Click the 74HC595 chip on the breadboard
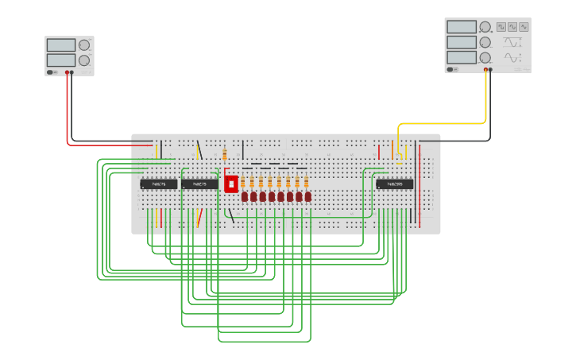click(395, 184)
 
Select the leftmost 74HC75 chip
click(159, 184)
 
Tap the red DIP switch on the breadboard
click(231, 184)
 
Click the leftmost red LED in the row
click(245, 196)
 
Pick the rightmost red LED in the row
click(308, 196)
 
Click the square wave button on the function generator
click(501, 27)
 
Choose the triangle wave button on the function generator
click(512, 27)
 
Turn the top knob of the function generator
click(485, 27)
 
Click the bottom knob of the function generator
click(485, 57)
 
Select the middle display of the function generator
click(462, 42)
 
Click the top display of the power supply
click(61, 45)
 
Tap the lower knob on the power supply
click(83, 60)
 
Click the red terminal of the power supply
click(67, 72)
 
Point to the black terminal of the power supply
click(72, 72)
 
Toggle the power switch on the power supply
click(51, 72)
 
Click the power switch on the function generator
click(451, 69)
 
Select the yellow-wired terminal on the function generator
click(485, 70)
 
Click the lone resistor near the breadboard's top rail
click(225, 153)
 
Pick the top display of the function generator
click(462, 27)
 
